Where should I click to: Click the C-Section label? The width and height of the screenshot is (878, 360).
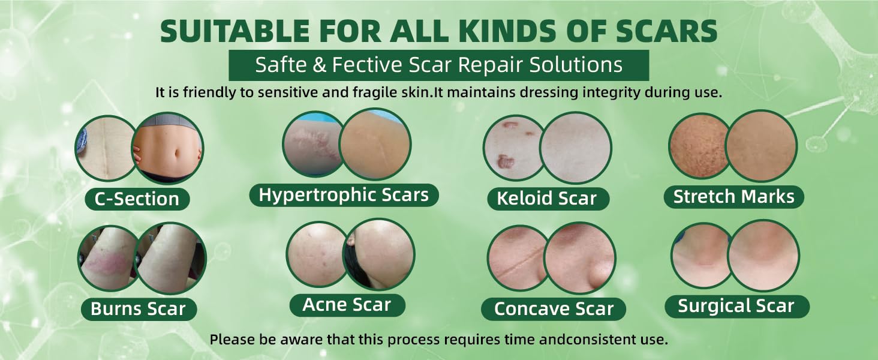click(137, 199)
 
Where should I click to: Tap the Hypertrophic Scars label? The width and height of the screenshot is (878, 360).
click(344, 195)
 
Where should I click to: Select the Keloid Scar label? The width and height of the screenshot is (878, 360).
click(546, 199)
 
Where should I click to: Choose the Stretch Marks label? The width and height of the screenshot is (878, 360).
click(733, 197)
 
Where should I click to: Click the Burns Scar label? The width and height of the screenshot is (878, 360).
click(138, 309)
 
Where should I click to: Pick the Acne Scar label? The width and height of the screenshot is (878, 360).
click(347, 305)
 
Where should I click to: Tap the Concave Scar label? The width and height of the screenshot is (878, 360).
click(554, 309)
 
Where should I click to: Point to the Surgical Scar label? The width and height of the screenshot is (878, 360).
click(736, 307)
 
